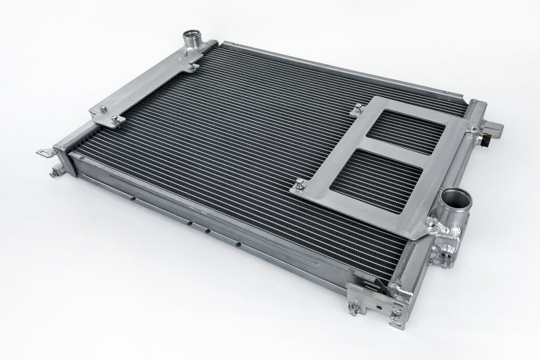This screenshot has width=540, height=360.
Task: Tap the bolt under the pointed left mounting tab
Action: pyautogui.click(x=51, y=173)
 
